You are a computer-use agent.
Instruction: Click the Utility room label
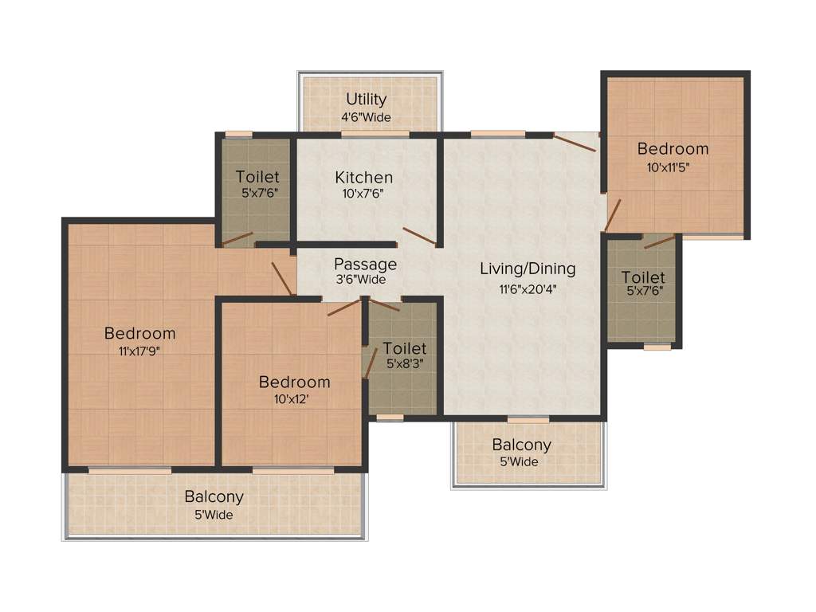pyautogui.click(x=367, y=100)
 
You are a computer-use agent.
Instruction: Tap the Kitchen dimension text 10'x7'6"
pyautogui.click(x=363, y=192)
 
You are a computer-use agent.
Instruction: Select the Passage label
pyautogui.click(x=365, y=264)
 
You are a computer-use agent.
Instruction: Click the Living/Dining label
pyautogui.click(x=528, y=269)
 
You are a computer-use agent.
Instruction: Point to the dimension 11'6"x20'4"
pyautogui.click(x=528, y=288)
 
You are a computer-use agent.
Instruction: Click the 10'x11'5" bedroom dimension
pyautogui.click(x=672, y=167)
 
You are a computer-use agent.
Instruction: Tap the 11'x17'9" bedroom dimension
pyautogui.click(x=139, y=351)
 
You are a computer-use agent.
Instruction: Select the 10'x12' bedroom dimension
pyautogui.click(x=294, y=398)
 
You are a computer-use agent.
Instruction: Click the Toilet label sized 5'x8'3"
pyautogui.click(x=405, y=348)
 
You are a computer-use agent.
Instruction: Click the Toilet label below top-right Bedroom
pyautogui.click(x=643, y=277)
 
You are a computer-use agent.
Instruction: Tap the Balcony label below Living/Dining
pyautogui.click(x=521, y=445)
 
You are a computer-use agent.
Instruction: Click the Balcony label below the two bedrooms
pyautogui.click(x=214, y=496)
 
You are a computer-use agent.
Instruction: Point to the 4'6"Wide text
pyautogui.click(x=367, y=117)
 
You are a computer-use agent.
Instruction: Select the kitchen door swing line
pyautogui.click(x=418, y=236)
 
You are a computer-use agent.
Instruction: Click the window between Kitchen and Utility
pyautogui.click(x=363, y=134)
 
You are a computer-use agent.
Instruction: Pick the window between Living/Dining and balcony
pyautogui.click(x=528, y=419)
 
